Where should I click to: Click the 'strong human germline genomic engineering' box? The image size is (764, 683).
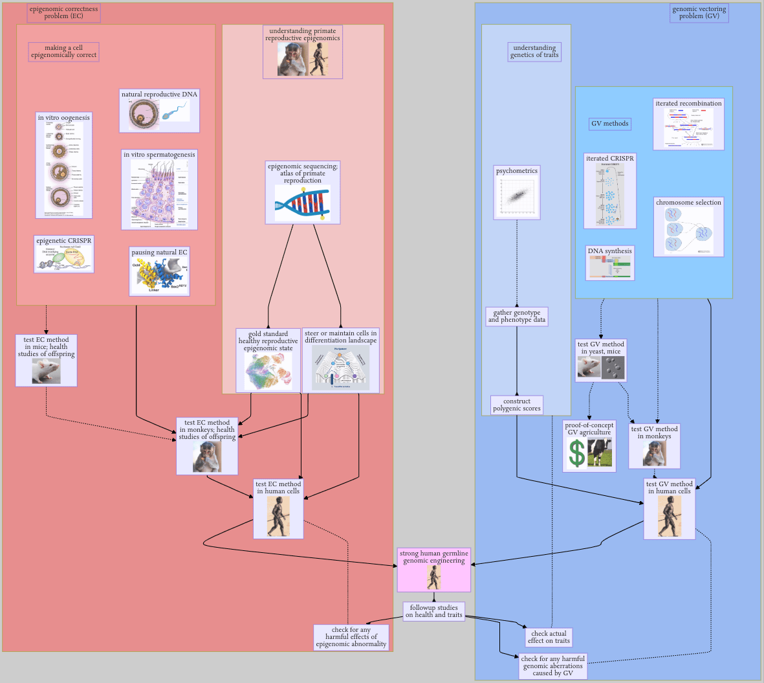[433, 569]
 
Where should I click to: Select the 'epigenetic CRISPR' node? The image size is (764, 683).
[64, 254]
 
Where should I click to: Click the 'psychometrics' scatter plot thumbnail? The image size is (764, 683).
[517, 197]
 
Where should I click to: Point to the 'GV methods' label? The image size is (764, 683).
[609, 124]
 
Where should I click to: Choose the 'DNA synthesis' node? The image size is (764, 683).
[609, 263]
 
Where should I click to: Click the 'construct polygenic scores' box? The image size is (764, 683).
[516, 405]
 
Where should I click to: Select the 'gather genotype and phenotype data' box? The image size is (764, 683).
[516, 316]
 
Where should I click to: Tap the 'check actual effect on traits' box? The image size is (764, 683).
[549, 637]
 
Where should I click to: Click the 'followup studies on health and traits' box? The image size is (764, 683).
[433, 611]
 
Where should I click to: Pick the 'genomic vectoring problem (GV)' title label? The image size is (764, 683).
[699, 13]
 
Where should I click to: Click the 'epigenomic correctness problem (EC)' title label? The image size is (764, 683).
[63, 13]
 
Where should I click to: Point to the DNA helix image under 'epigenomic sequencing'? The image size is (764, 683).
[302, 203]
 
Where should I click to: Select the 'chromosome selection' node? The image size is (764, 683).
[688, 227]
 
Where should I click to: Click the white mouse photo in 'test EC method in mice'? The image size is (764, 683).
[47, 371]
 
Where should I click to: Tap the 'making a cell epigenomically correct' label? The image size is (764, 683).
[63, 52]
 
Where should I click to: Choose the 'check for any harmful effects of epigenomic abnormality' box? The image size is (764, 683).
[351, 637]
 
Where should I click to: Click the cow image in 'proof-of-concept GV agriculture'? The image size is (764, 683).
[600, 453]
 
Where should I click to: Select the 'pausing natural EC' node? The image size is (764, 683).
[159, 271]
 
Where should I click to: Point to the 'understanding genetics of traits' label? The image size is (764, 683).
[534, 52]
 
